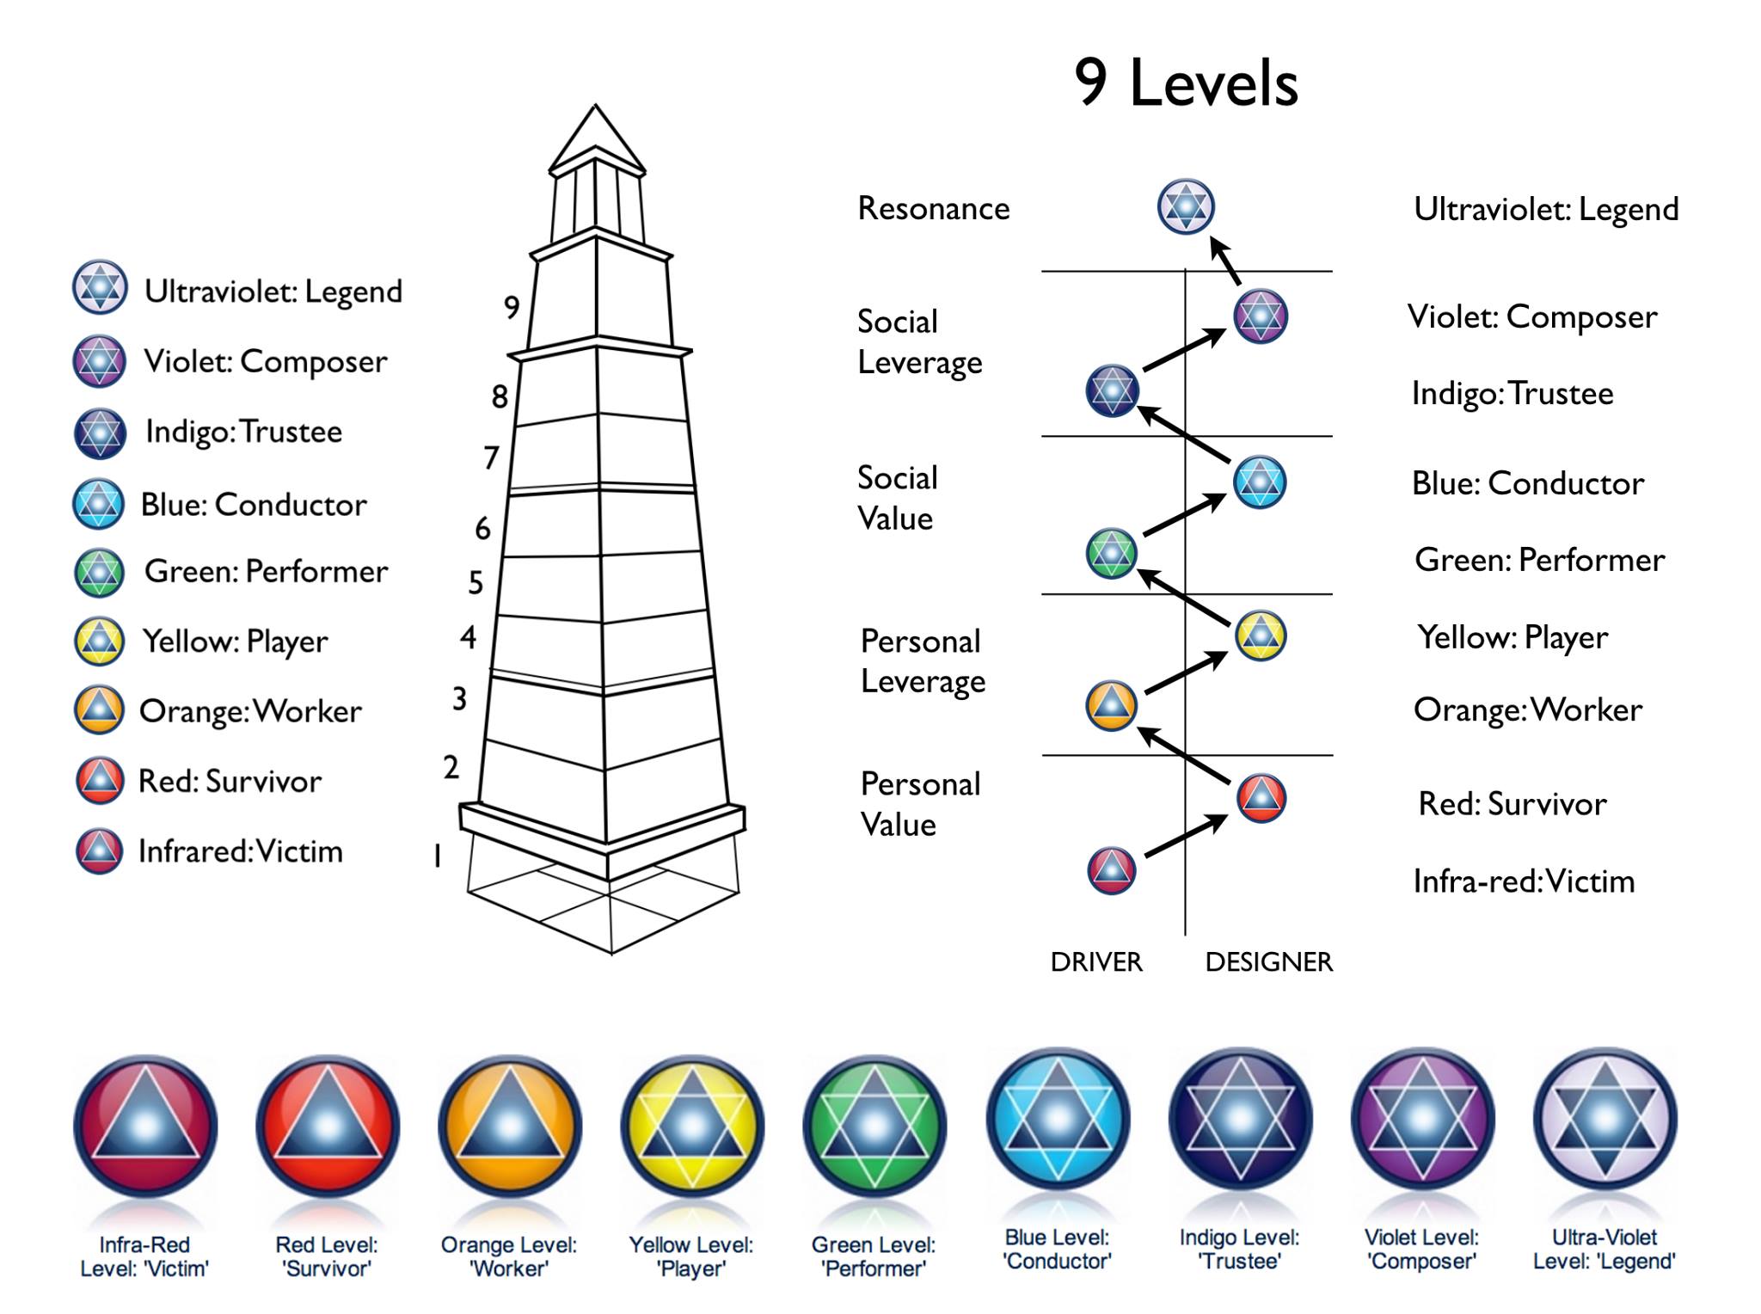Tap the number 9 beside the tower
coord(512,307)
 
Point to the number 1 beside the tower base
coord(438,856)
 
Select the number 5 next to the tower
coord(476,583)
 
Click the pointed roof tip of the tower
coord(595,107)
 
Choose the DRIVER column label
coord(1096,961)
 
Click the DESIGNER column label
coord(1269,961)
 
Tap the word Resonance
coord(934,208)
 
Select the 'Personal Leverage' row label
coord(923,661)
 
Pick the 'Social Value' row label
coord(898,498)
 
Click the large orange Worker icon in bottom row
coord(510,1126)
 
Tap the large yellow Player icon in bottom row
coord(692,1126)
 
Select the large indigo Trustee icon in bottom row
coord(1240,1119)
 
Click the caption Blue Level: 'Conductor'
coord(1058,1250)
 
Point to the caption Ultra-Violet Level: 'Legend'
coord(1605,1250)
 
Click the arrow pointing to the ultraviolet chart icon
coord(1225,261)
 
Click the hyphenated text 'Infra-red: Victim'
coord(1524,881)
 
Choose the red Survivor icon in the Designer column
coord(1261,798)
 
